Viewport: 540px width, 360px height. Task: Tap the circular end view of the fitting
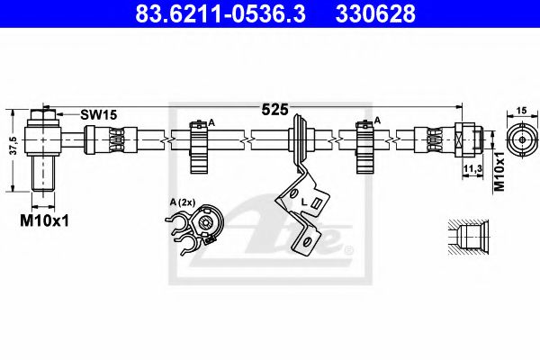[521, 139]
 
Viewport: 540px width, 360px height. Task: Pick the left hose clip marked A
[199, 144]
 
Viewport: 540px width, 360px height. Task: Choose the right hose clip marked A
[365, 144]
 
